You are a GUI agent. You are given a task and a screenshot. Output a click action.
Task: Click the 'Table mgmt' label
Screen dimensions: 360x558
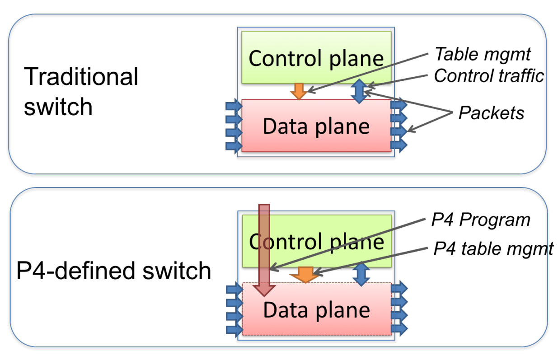click(482, 55)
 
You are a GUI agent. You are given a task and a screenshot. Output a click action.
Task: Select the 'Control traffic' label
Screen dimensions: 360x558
click(488, 76)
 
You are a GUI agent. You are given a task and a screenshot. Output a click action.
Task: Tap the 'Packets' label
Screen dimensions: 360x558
click(491, 113)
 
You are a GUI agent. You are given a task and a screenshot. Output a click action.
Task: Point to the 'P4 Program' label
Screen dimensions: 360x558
click(480, 220)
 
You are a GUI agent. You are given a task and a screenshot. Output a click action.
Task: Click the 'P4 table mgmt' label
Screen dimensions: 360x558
click(493, 248)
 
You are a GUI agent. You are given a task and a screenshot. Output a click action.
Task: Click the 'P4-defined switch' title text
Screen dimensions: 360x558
click(114, 271)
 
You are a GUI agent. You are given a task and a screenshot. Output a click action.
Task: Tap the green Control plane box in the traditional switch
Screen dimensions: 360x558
click(316, 57)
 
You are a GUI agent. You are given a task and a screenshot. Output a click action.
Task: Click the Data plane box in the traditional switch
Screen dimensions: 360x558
click(316, 126)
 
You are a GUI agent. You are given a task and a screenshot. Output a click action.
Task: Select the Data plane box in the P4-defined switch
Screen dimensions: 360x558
click(316, 310)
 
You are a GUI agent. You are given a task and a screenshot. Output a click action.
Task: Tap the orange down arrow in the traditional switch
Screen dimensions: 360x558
click(298, 91)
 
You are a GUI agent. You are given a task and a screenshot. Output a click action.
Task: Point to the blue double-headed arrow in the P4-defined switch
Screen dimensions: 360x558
click(361, 274)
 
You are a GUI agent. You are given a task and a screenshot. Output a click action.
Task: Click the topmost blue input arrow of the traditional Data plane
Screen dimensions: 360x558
click(234, 106)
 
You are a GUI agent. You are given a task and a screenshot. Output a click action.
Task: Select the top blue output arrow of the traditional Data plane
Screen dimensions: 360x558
click(399, 105)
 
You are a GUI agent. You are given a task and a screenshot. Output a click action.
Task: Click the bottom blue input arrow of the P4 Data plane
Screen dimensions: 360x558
click(234, 329)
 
